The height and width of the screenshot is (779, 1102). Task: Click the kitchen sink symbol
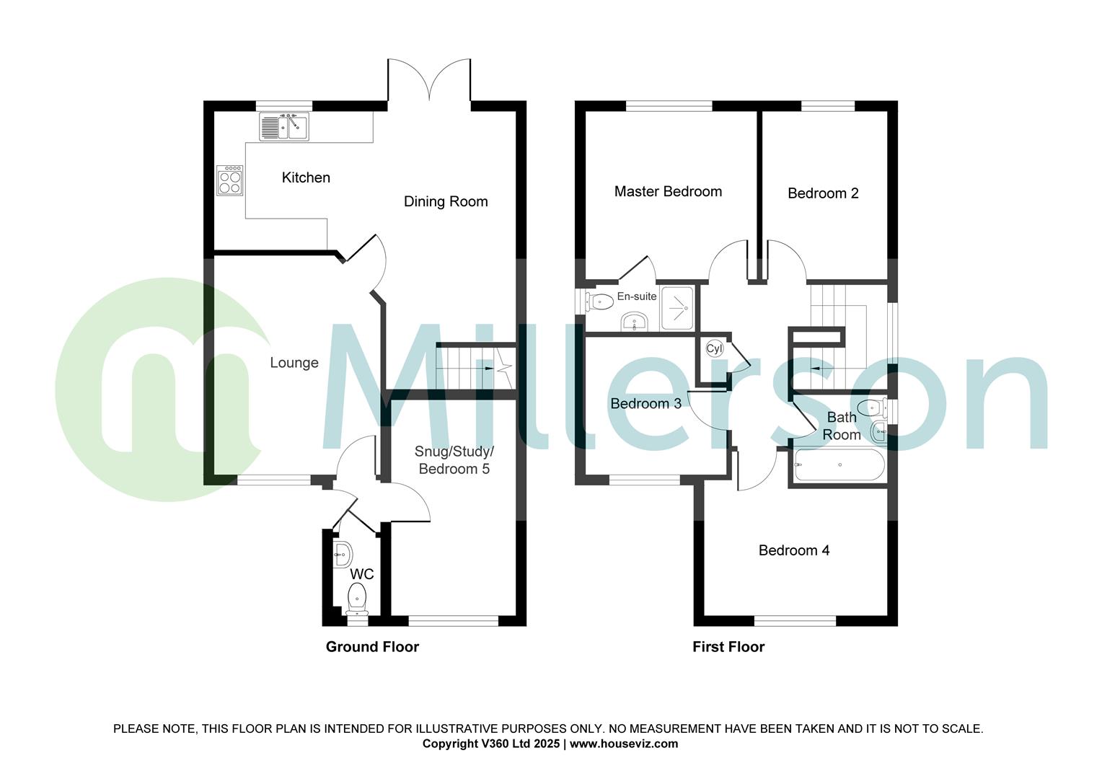(283, 128)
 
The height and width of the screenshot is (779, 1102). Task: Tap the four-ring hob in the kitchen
(229, 180)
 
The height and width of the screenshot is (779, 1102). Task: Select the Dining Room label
(446, 201)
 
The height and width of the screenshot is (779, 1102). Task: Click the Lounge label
(294, 363)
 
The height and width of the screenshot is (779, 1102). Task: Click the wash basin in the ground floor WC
(343, 554)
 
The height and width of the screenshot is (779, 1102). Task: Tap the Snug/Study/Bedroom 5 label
(454, 460)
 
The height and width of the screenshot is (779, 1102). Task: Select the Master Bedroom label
(668, 191)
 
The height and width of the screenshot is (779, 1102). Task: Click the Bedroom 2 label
(823, 193)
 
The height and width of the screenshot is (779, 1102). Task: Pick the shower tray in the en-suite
(677, 309)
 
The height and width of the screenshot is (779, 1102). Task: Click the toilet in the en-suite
(599, 300)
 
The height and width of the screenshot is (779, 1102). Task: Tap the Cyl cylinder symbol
(714, 348)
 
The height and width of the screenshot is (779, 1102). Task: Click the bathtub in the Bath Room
(839, 465)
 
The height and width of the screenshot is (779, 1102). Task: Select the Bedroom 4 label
(793, 550)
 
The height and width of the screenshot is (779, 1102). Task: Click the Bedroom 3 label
(645, 403)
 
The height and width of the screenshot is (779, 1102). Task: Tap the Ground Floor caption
(372, 646)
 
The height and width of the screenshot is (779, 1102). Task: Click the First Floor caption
(728, 646)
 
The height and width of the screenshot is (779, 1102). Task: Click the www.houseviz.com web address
(624, 744)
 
